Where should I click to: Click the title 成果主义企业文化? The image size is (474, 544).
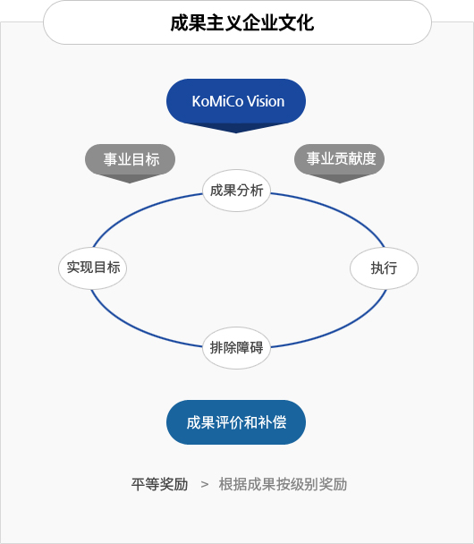242,23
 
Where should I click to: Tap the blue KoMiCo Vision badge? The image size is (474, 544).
236,101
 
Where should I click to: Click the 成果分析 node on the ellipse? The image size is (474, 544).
236,191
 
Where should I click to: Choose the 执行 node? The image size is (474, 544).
385,268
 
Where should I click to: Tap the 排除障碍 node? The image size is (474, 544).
236,348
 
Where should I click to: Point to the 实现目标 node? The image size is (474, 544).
93,268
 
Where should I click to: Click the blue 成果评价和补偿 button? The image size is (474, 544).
236,422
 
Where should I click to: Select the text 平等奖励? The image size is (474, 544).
159,484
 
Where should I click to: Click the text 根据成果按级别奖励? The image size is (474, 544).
283,484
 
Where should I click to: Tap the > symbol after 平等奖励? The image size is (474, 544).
205,485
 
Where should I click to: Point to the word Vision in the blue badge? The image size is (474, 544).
266,101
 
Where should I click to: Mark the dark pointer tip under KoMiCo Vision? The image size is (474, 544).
236,133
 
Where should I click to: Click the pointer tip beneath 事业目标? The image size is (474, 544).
130,183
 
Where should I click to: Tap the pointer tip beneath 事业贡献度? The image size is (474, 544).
340,183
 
